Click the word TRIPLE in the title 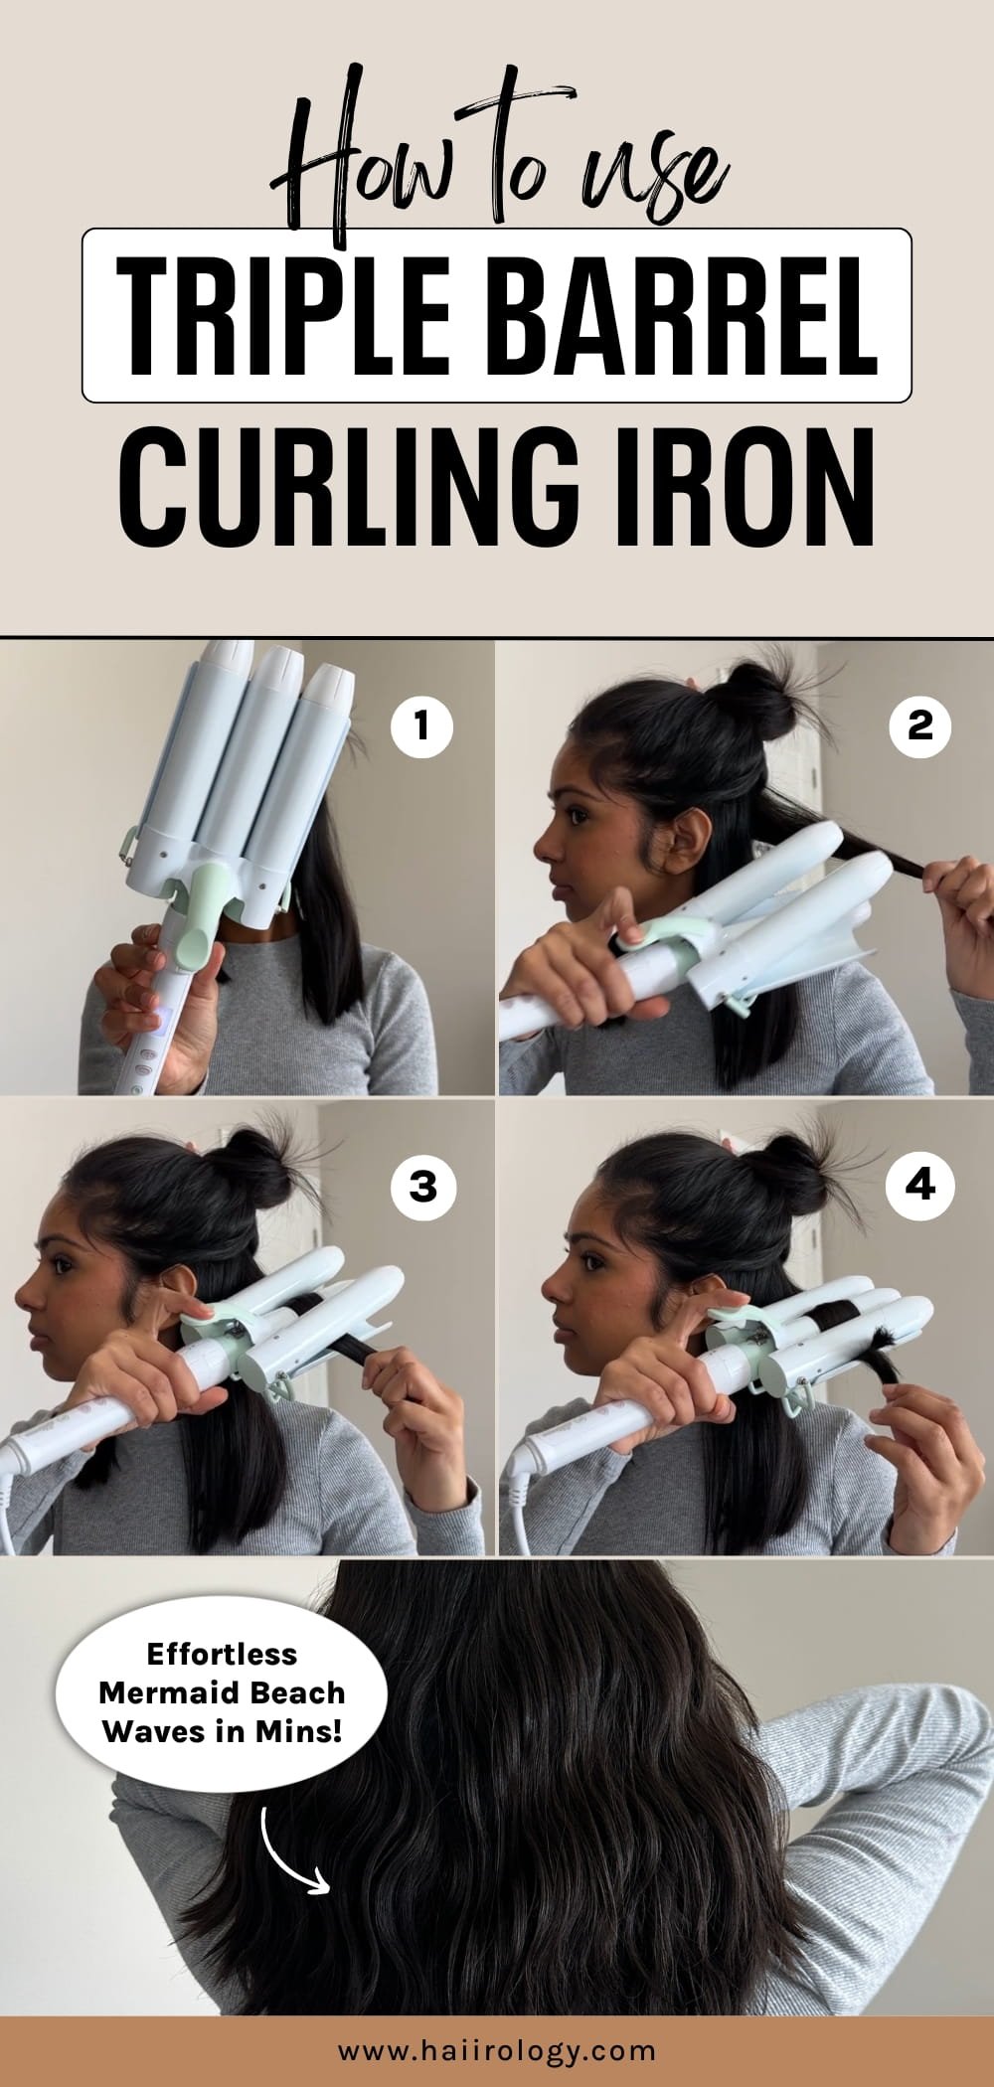284,315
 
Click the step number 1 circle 421,726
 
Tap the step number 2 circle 920,726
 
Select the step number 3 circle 422,1185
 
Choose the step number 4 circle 920,1185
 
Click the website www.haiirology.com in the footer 497,2050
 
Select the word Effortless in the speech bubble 221,1654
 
